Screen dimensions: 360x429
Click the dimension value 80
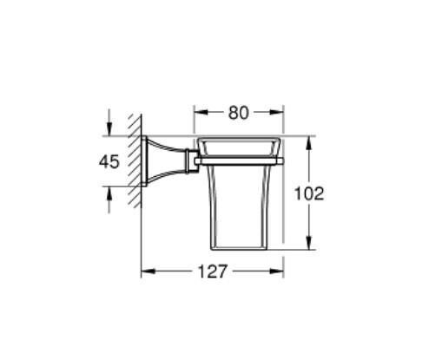coord(239,112)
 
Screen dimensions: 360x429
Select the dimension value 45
coord(109,162)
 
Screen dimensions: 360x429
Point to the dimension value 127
coord(213,272)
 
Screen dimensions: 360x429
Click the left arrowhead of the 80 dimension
coord(199,112)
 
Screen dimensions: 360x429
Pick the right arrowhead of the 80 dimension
coord(280,112)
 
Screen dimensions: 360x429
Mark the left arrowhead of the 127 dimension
coord(147,272)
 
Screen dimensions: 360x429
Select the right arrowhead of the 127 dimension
coord(280,272)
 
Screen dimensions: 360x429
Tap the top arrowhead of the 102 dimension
coord(309,141)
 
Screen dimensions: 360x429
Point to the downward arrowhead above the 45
coord(109,129)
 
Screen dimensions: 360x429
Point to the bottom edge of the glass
coord(239,249)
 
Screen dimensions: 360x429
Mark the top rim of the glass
coord(239,137)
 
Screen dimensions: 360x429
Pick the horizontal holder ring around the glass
coord(239,160)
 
